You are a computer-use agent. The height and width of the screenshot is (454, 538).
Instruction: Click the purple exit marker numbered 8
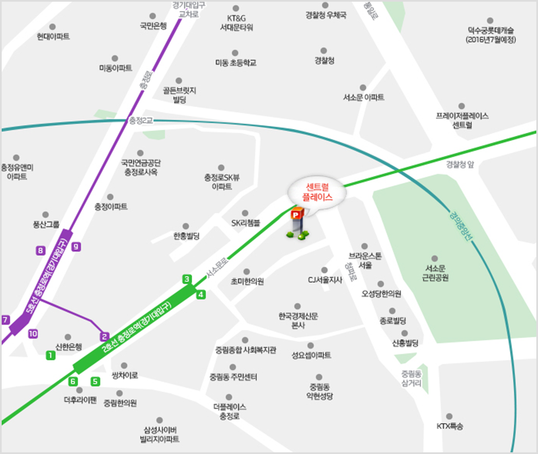tap(40, 251)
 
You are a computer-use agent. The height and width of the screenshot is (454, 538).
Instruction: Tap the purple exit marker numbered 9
tap(77, 245)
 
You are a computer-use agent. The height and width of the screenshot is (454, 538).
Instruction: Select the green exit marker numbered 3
tap(187, 279)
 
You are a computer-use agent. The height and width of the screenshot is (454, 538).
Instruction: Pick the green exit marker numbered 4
tap(201, 294)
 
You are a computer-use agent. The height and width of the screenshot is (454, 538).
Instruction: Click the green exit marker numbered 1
tap(50, 355)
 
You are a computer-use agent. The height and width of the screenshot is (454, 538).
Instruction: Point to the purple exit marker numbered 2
tap(104, 337)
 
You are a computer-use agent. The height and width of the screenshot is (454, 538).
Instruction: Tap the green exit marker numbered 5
tap(95, 382)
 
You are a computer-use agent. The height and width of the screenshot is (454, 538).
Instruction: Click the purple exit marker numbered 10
tap(33, 333)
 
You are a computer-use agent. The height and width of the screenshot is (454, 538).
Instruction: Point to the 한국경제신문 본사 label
tap(298, 321)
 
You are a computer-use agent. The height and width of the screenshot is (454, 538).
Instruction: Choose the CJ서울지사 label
tap(325, 280)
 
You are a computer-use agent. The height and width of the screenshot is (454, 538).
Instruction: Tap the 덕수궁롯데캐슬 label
tap(491, 35)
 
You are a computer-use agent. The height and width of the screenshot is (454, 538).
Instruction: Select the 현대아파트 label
tap(53, 36)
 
